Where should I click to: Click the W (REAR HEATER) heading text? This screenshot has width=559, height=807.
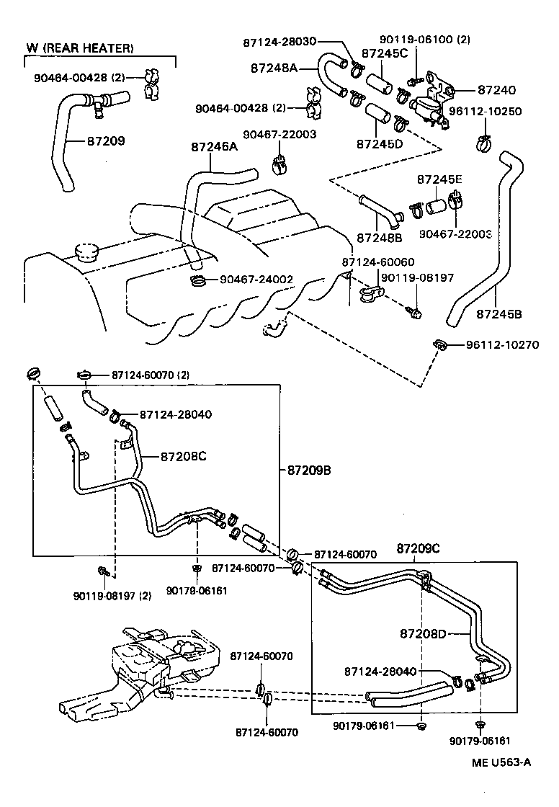coord(80,48)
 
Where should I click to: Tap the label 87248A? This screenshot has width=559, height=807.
coord(274,68)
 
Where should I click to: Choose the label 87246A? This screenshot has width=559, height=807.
coord(214,146)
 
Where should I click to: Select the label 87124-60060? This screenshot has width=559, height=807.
coord(378,262)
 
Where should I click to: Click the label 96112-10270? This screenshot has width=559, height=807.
coord(502,344)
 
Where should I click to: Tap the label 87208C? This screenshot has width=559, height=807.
coord(183,456)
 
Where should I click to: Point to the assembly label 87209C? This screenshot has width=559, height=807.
coord(418,549)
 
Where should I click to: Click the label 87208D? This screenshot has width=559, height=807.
coord(424,633)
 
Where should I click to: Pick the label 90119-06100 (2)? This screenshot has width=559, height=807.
coord(425,40)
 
